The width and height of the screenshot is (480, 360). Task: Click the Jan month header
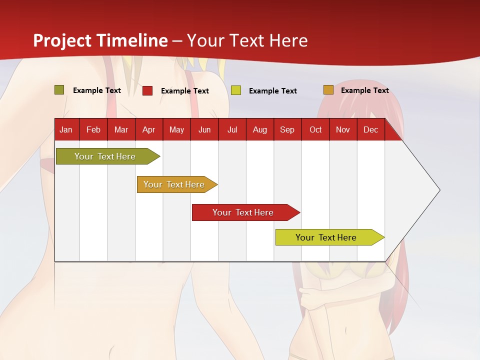[66, 130]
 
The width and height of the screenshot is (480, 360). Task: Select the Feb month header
[93, 130]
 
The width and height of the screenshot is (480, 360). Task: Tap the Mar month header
[121, 130]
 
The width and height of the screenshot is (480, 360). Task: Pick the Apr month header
[149, 130]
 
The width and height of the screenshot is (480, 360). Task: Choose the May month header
[176, 130]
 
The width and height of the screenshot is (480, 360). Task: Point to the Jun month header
[204, 130]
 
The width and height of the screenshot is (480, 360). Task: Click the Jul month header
[232, 130]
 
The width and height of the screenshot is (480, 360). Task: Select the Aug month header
[260, 130]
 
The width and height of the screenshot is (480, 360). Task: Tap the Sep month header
[287, 130]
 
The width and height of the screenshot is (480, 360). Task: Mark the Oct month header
[315, 130]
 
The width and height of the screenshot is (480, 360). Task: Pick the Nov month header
[343, 130]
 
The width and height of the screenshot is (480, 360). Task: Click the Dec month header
[371, 130]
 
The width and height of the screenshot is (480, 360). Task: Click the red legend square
[147, 90]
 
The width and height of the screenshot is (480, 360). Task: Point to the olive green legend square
[59, 90]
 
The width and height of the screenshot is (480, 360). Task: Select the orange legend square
[328, 90]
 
